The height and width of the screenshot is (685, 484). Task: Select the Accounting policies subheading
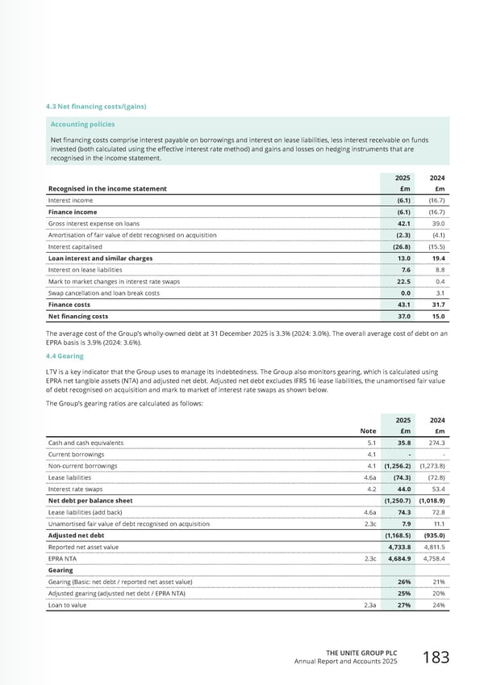pos(82,124)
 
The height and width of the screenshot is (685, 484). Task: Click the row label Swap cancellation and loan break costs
pos(114,292)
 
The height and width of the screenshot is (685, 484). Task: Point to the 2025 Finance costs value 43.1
pos(406,305)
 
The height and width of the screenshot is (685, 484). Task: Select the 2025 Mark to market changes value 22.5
pos(406,281)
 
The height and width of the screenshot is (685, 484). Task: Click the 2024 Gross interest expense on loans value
pos(438,223)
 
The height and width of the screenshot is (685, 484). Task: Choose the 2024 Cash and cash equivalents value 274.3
pos(436,443)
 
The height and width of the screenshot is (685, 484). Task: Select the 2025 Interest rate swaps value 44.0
pos(406,489)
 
